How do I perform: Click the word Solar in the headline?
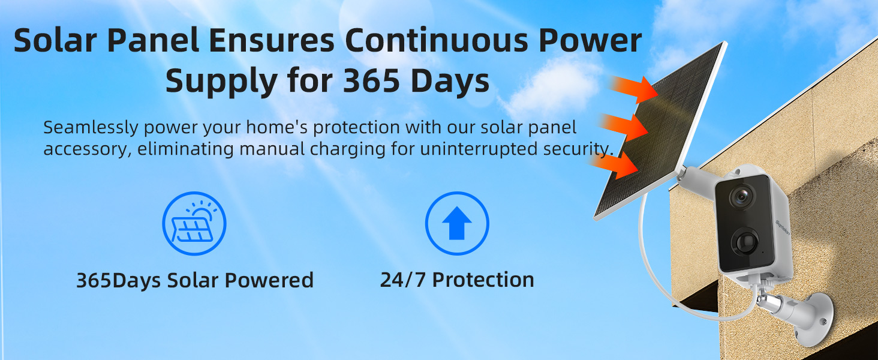pos(55,40)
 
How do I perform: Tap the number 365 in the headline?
pos(371,80)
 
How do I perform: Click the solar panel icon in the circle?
pos(194,223)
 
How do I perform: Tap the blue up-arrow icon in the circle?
pos(457,223)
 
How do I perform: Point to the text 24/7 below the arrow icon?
pos(403,280)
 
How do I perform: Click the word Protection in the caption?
pos(483,280)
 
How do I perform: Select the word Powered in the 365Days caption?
pos(269,280)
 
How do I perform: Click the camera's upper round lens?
pos(742,196)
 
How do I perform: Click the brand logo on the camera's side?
pos(783,227)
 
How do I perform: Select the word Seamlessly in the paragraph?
pos(91,127)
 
